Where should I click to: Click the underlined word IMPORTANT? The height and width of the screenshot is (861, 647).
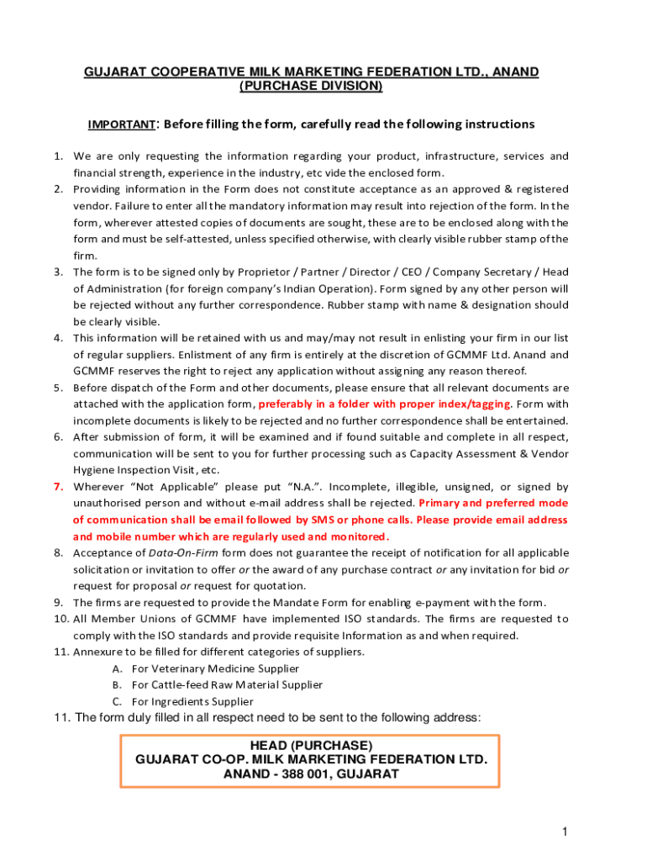point(122,125)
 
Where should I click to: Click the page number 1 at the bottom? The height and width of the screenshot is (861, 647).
point(566,832)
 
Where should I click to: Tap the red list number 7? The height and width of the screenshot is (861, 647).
point(58,487)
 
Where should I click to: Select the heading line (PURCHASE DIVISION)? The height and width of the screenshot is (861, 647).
point(311,87)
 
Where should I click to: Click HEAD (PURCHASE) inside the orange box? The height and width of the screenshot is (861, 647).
point(311,746)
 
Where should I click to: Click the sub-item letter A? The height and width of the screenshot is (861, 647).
point(116,668)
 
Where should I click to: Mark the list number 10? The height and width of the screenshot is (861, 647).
point(60,619)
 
